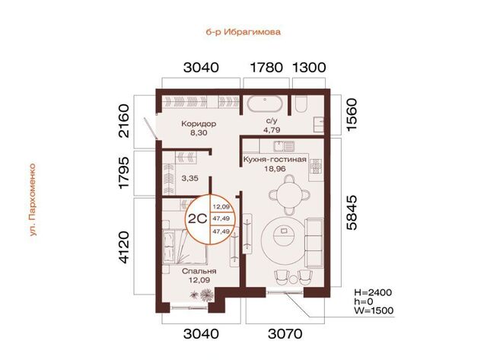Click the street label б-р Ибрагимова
click(243, 32)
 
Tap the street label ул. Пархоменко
click(33, 199)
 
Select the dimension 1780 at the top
click(266, 68)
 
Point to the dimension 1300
click(310, 68)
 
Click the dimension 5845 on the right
click(352, 212)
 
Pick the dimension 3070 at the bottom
click(285, 334)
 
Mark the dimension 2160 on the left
click(123, 121)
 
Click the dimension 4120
click(123, 247)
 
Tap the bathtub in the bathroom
click(265, 104)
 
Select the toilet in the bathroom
click(301, 104)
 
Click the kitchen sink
click(284, 145)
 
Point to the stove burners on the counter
click(317, 167)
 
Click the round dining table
click(289, 195)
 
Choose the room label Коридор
click(199, 124)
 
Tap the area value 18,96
click(274, 169)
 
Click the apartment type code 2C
click(198, 219)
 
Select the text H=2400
click(374, 292)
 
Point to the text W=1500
click(374, 311)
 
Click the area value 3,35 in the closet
click(190, 178)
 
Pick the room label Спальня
click(199, 271)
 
